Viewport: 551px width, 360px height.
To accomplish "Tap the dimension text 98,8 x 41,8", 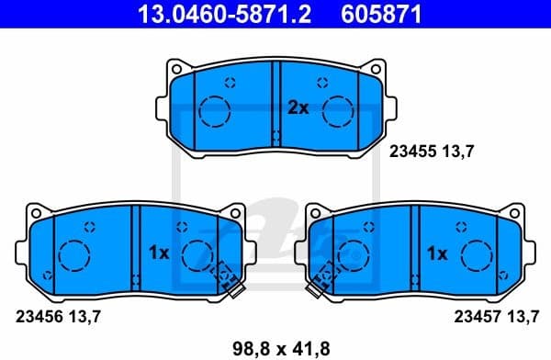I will coord(276,346).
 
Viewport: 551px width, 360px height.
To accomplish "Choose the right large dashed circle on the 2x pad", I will coord(341,110).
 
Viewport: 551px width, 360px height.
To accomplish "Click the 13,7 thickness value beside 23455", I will coord(460,153).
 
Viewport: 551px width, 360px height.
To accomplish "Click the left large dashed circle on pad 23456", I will coord(73,253).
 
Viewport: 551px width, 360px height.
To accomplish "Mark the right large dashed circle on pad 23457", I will coord(478,253).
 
